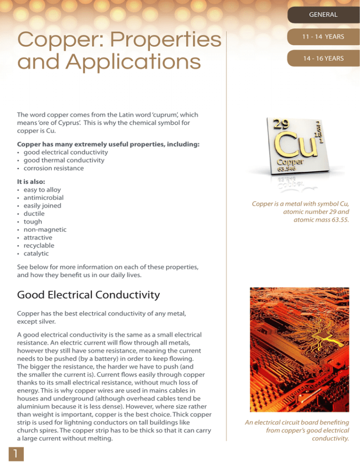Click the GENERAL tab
pos(323,15)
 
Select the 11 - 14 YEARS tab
pos(323,37)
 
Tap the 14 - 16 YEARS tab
pos(323,58)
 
